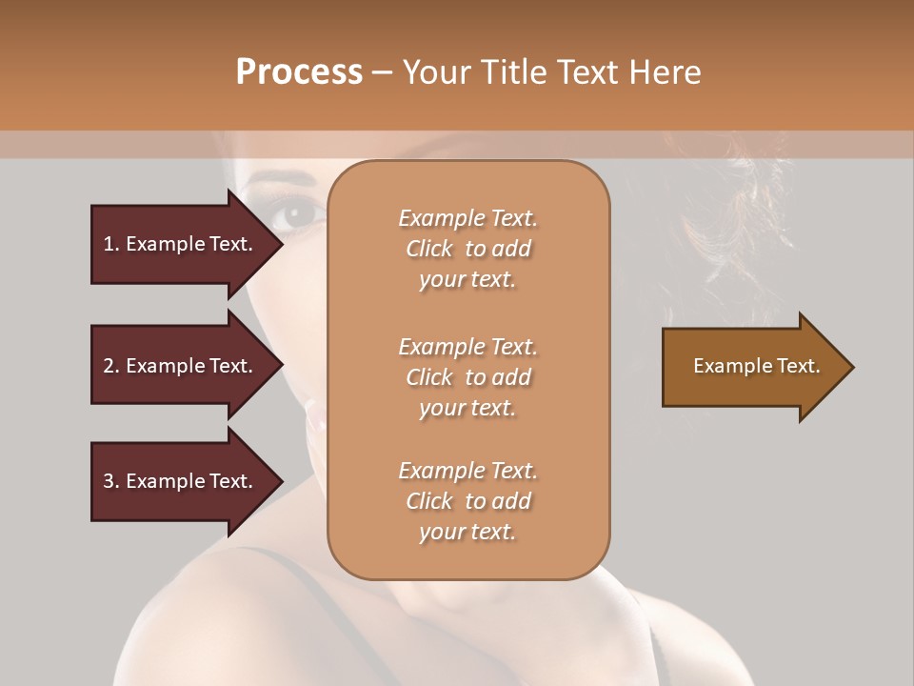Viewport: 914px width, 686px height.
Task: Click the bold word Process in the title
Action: click(299, 72)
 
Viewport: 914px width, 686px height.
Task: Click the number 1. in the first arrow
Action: click(111, 244)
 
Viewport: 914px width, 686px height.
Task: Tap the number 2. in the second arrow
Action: click(111, 366)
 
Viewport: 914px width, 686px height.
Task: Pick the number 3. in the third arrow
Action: click(111, 481)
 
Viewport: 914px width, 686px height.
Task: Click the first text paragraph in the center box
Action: click(467, 249)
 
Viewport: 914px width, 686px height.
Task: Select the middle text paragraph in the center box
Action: click(467, 377)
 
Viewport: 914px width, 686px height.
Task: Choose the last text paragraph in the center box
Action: click(467, 501)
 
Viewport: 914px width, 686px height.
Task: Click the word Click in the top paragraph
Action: click(429, 249)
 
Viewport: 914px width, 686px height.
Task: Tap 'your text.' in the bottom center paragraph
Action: click(467, 532)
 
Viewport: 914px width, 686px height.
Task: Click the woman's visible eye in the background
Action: click(296, 212)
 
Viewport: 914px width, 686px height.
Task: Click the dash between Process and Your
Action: click(383, 72)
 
